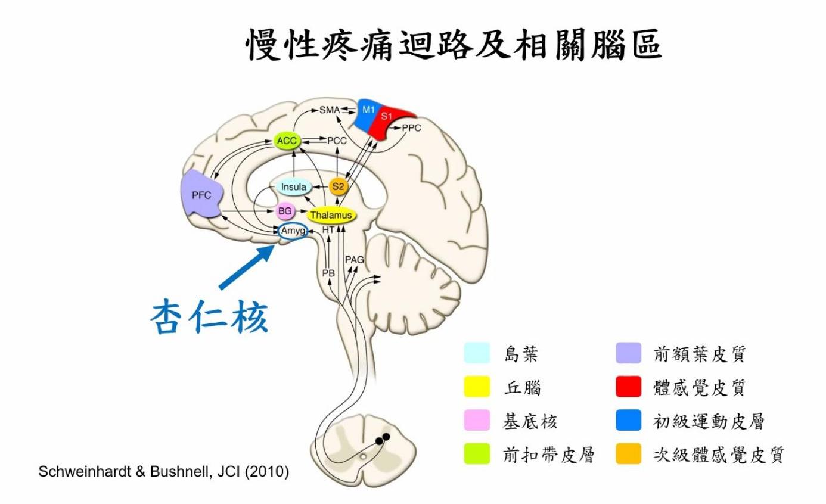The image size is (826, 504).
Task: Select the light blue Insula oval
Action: [293, 188]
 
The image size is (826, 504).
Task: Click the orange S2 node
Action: [338, 186]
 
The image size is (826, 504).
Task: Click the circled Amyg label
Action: [293, 231]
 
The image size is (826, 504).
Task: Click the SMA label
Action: [328, 110]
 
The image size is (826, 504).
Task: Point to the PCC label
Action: [336, 141]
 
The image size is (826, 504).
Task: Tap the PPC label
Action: [411, 128]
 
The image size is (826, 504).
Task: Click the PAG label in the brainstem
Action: [355, 260]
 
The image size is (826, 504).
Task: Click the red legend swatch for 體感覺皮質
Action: [628, 387]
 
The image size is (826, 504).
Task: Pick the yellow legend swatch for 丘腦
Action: [477, 387]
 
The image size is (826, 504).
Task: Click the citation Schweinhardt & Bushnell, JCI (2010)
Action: [163, 472]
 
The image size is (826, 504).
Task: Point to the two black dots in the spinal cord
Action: [382, 439]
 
